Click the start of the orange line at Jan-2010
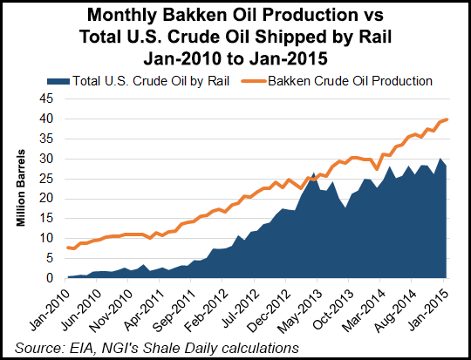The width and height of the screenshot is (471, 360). click(67, 248)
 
